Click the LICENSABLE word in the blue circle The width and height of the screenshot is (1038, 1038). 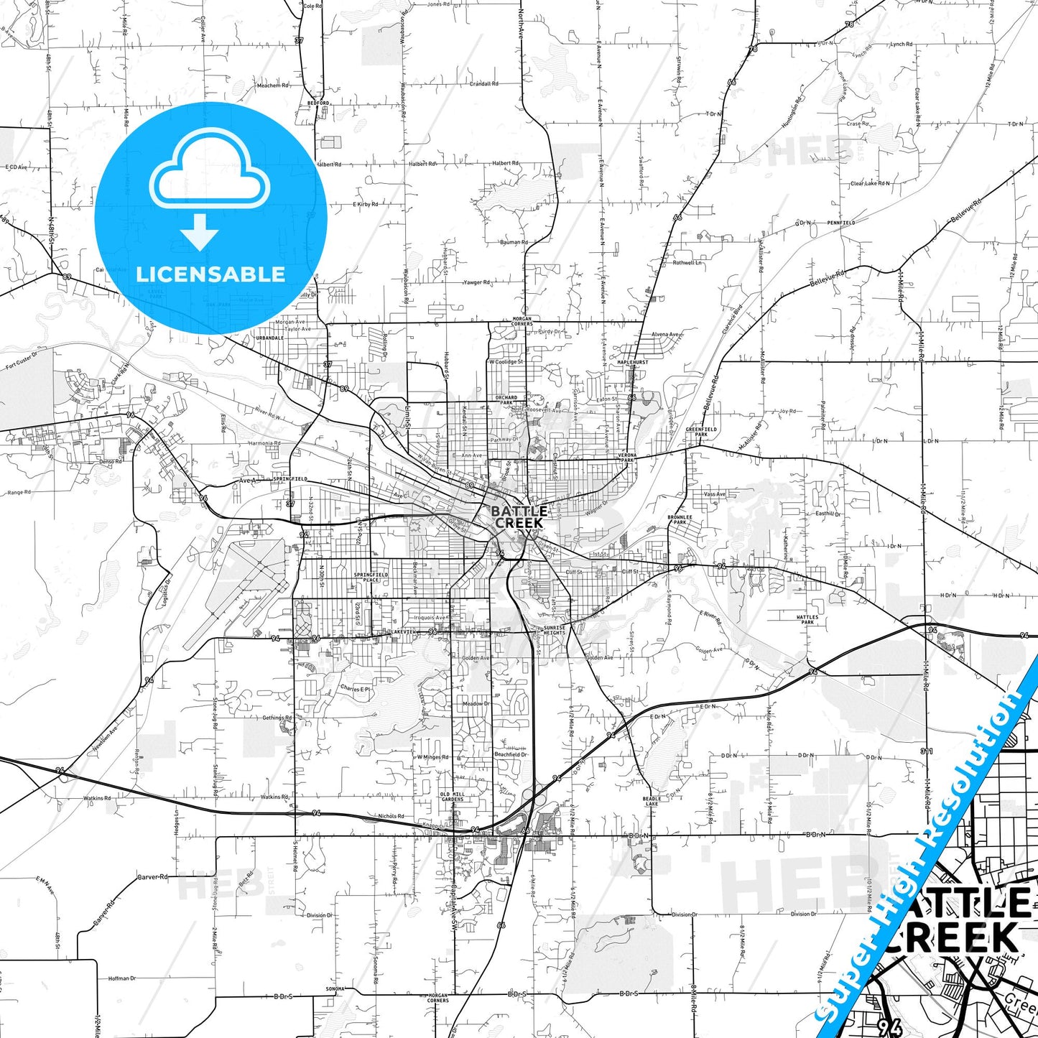click(x=210, y=274)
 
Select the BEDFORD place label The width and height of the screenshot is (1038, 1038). click(x=318, y=103)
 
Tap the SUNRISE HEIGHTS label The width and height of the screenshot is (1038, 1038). click(x=554, y=630)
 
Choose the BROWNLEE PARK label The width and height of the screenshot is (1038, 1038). click(x=680, y=519)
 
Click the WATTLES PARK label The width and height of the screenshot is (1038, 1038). click(x=807, y=619)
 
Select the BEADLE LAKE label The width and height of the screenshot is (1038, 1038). click(x=652, y=801)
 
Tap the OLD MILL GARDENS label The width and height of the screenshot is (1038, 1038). click(x=453, y=797)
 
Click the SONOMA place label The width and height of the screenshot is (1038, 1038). click(x=335, y=989)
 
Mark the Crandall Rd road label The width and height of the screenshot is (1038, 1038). click(x=484, y=83)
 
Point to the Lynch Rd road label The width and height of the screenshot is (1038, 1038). click(x=902, y=45)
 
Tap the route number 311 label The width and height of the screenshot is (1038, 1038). click(x=927, y=751)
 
